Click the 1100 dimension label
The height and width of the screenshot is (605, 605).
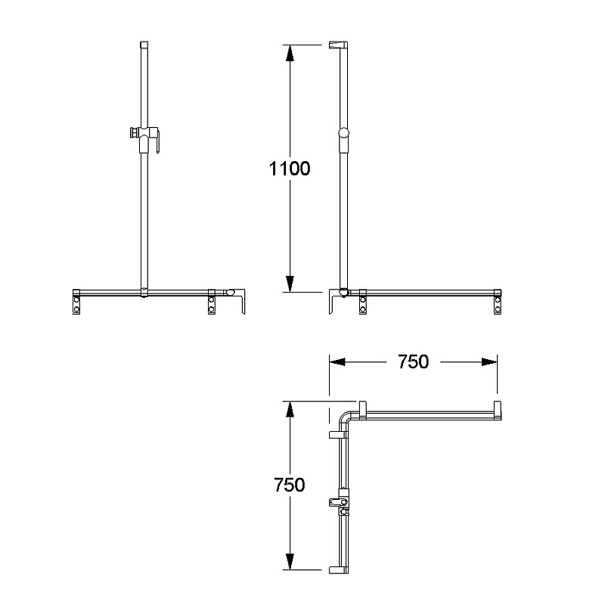[x=290, y=169]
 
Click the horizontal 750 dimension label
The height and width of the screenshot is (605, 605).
[x=413, y=362]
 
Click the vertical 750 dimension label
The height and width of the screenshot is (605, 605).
[x=290, y=485]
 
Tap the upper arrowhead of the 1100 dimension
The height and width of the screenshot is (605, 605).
[x=290, y=53]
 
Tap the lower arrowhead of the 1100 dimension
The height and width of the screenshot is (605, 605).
[x=290, y=284]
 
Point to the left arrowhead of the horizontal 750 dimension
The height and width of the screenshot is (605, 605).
[x=337, y=362]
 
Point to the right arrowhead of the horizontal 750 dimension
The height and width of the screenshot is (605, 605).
[x=489, y=362]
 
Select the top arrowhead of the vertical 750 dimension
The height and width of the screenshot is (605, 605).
[x=290, y=409]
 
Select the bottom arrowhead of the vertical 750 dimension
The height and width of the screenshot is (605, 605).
[x=290, y=561]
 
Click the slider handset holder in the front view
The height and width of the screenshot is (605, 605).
[x=144, y=138]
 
